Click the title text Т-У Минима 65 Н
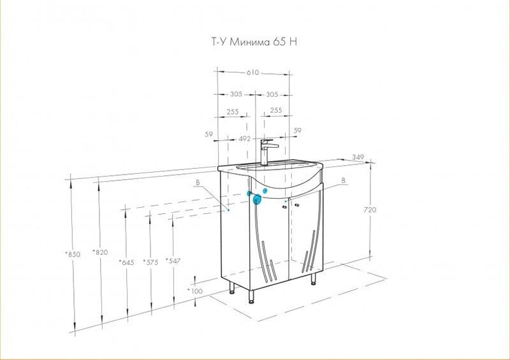pos(254,42)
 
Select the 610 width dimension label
pos(252,73)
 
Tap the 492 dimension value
pos(245,138)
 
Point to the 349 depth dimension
pos(358,157)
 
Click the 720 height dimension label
pos(370,210)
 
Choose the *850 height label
pos(73,254)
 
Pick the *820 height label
pos(100,252)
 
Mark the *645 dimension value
pos(126,262)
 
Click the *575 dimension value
pos(150,262)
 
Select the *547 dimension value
pos(173,261)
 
